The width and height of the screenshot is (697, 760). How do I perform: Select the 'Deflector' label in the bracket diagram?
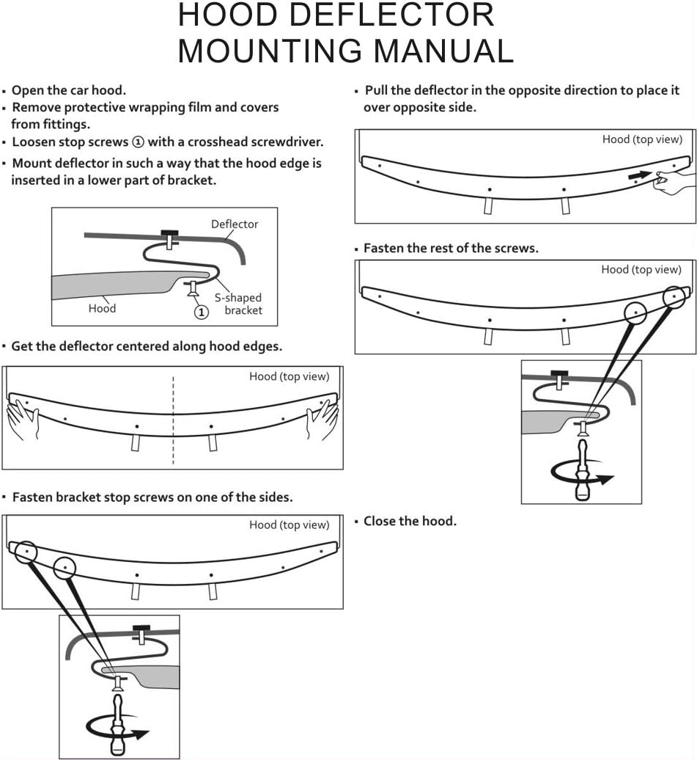click(x=235, y=224)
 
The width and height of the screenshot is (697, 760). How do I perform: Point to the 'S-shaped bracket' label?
click(x=238, y=304)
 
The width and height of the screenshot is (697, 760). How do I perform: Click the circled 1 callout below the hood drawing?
click(x=201, y=311)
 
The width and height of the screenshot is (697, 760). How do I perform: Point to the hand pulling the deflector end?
click(x=673, y=181)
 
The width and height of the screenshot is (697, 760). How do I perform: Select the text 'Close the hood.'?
click(x=410, y=521)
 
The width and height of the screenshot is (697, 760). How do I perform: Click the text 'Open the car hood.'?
click(x=69, y=90)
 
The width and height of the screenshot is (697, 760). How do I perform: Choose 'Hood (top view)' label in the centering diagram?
click(x=290, y=376)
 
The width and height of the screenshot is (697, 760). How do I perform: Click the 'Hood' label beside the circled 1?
click(x=102, y=308)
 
